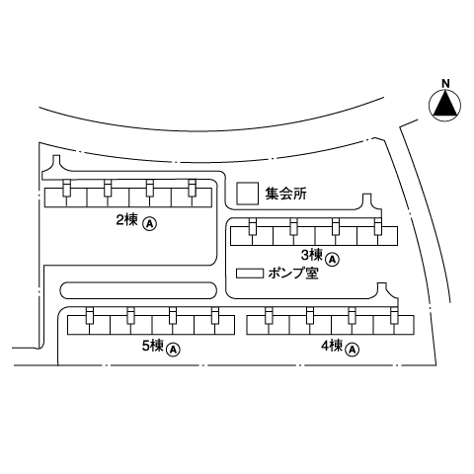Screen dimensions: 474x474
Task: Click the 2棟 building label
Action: coord(126,220)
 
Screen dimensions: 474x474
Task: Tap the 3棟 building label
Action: coord(311,254)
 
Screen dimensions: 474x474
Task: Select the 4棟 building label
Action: coord(332,347)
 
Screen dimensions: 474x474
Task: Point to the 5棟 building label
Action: coord(153,346)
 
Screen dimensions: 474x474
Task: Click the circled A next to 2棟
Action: coord(149,224)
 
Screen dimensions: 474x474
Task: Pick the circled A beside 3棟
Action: coord(333,260)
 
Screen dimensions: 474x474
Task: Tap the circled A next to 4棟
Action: coord(353,350)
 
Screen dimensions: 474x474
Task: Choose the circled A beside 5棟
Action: coord(173,350)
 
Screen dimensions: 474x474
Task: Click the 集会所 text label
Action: coord(286,194)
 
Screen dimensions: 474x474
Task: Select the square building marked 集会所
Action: coord(247,194)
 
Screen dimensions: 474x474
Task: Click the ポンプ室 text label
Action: coord(293,274)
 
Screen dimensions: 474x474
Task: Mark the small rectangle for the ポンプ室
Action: coord(250,274)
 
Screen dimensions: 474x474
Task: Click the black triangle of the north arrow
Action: coord(445,105)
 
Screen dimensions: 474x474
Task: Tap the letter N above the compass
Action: coord(445,84)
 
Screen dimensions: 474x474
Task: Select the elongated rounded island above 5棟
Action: coord(138,290)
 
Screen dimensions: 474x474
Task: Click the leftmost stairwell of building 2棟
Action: coord(66,189)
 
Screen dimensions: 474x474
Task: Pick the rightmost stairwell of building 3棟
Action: coord(377,227)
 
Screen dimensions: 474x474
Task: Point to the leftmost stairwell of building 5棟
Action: coord(90,316)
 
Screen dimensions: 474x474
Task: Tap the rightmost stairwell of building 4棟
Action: coord(394,316)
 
